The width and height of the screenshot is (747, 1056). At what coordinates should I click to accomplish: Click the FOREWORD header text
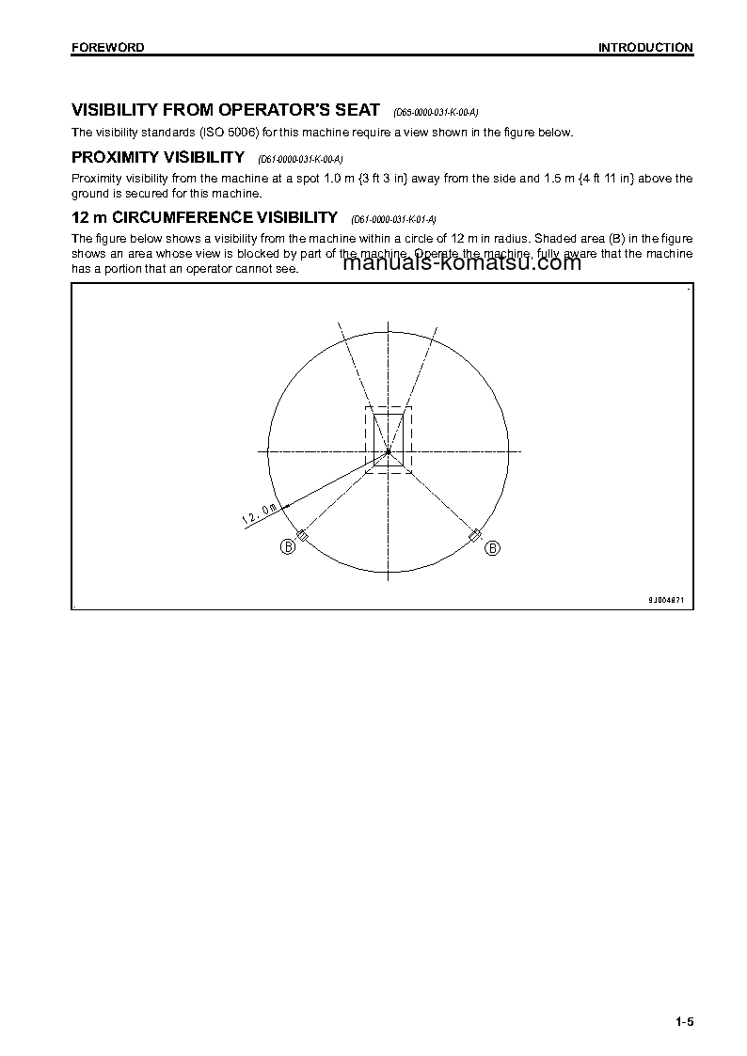tap(108, 47)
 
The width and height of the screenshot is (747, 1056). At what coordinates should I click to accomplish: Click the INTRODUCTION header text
tap(645, 47)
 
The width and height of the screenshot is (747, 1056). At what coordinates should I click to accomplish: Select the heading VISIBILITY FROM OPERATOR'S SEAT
tap(226, 110)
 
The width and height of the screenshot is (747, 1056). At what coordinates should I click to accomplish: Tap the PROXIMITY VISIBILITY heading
tap(158, 157)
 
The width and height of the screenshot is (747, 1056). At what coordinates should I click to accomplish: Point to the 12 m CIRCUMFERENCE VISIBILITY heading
tap(204, 217)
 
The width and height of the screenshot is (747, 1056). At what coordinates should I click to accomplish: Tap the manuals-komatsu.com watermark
tap(463, 263)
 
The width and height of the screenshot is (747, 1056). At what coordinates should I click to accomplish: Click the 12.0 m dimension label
tap(260, 513)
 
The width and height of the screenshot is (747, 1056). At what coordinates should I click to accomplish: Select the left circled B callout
tap(287, 547)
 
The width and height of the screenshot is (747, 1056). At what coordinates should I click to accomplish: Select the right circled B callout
tap(492, 547)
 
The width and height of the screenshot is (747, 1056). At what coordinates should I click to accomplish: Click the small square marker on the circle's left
tap(301, 535)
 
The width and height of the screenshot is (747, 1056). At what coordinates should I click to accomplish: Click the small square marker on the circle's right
tap(475, 535)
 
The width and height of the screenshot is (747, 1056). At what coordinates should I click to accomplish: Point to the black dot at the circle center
tap(388, 452)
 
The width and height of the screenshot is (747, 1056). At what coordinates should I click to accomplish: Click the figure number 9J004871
tap(666, 599)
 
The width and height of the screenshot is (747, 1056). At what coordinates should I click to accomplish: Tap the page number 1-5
tap(683, 1022)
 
